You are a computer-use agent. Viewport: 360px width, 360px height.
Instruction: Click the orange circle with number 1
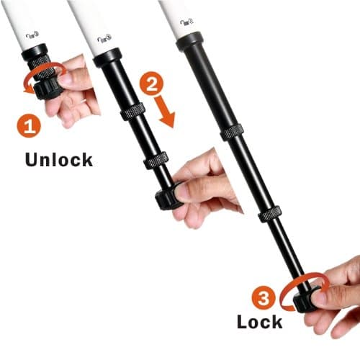pyautogui.click(x=29, y=127)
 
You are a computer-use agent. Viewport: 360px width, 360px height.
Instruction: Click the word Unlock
pyautogui.click(x=59, y=158)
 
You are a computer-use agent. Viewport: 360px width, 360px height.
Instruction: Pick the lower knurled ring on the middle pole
pyautogui.click(x=156, y=160)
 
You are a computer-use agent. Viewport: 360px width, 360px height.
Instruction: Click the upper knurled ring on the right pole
pyautogui.click(x=231, y=132)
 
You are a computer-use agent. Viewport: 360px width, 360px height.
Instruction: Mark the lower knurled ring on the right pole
pyautogui.click(x=270, y=213)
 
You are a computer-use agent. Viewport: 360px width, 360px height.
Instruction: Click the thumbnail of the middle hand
pyautogui.click(x=185, y=191)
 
